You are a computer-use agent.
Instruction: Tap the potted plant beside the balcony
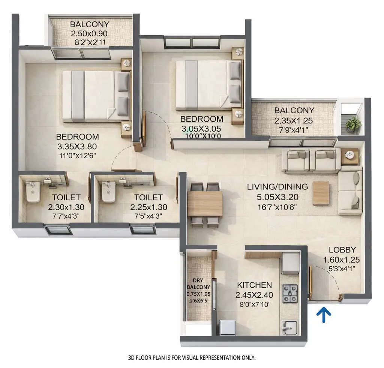point(353,124)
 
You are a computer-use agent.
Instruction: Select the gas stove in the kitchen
point(290,293)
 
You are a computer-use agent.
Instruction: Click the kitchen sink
point(289,327)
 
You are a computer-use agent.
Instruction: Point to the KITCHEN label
point(254,285)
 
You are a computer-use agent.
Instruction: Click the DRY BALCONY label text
point(198,284)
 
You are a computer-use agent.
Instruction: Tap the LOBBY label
point(342,250)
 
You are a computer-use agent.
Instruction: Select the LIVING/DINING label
point(277,186)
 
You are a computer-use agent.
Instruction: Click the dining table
point(205,204)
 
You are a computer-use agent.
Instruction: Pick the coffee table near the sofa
point(321,193)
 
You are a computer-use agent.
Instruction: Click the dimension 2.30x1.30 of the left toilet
point(66,207)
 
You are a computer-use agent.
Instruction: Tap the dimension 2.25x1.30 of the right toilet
point(148,207)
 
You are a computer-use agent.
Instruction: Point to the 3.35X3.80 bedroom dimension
point(77,146)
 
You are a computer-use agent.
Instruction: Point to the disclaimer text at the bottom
point(192,357)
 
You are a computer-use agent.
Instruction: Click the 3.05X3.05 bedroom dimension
point(201,128)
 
